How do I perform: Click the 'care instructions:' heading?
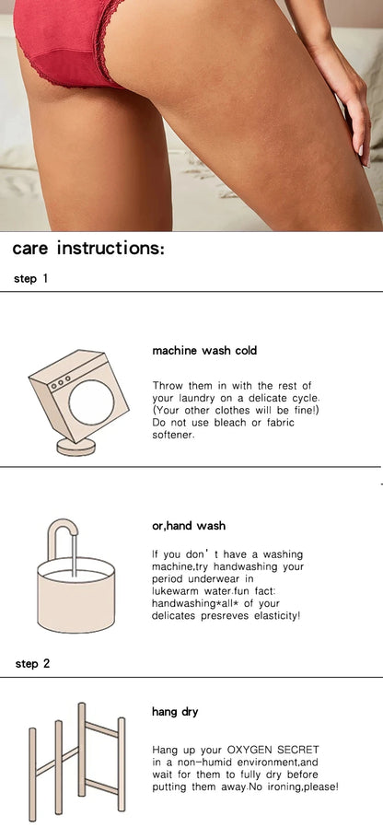(x=88, y=248)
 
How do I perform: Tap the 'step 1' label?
(x=30, y=278)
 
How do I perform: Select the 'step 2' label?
(x=32, y=663)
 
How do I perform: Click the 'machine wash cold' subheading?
(x=204, y=351)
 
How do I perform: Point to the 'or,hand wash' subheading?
(x=189, y=526)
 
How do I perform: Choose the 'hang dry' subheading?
(x=175, y=712)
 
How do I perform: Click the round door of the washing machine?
(x=92, y=402)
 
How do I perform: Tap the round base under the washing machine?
(x=76, y=447)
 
